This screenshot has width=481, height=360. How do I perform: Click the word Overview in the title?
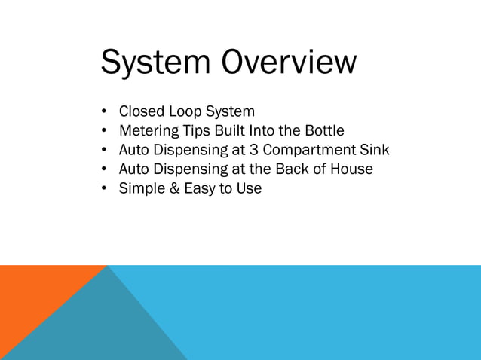[288, 63]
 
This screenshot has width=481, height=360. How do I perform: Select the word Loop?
[186, 114]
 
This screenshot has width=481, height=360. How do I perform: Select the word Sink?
[375, 151]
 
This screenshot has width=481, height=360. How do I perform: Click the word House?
[351, 169]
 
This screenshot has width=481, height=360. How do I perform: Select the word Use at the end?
[249, 188]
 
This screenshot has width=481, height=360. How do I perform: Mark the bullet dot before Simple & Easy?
[105, 188]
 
